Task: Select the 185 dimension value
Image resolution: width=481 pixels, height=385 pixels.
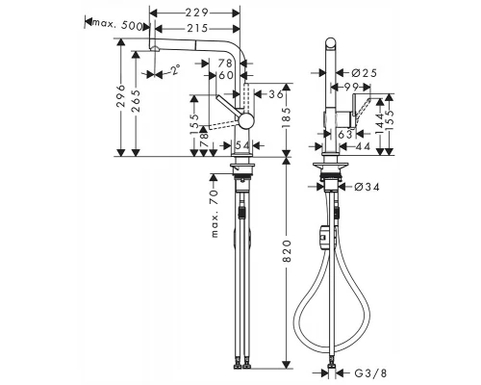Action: point(285,121)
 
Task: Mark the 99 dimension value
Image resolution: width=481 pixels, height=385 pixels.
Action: point(356,88)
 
